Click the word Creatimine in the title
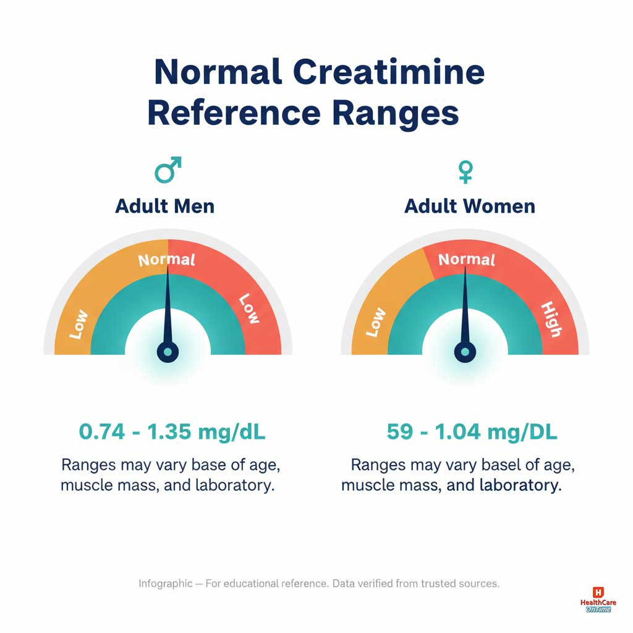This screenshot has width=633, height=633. point(388,73)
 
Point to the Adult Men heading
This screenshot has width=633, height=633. point(165,206)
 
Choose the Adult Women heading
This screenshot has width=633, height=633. point(470,206)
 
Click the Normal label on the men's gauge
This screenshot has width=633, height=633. point(166,260)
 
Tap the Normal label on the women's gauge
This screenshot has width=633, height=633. point(467,260)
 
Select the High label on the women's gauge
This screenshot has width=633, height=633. point(550,320)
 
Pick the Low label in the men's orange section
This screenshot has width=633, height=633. point(79,325)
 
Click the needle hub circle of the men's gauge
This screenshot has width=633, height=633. point(168,352)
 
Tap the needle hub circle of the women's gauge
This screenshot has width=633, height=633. point(465,352)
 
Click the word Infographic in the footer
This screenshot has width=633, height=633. point(165,584)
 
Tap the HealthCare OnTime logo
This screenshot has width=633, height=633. point(597,600)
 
